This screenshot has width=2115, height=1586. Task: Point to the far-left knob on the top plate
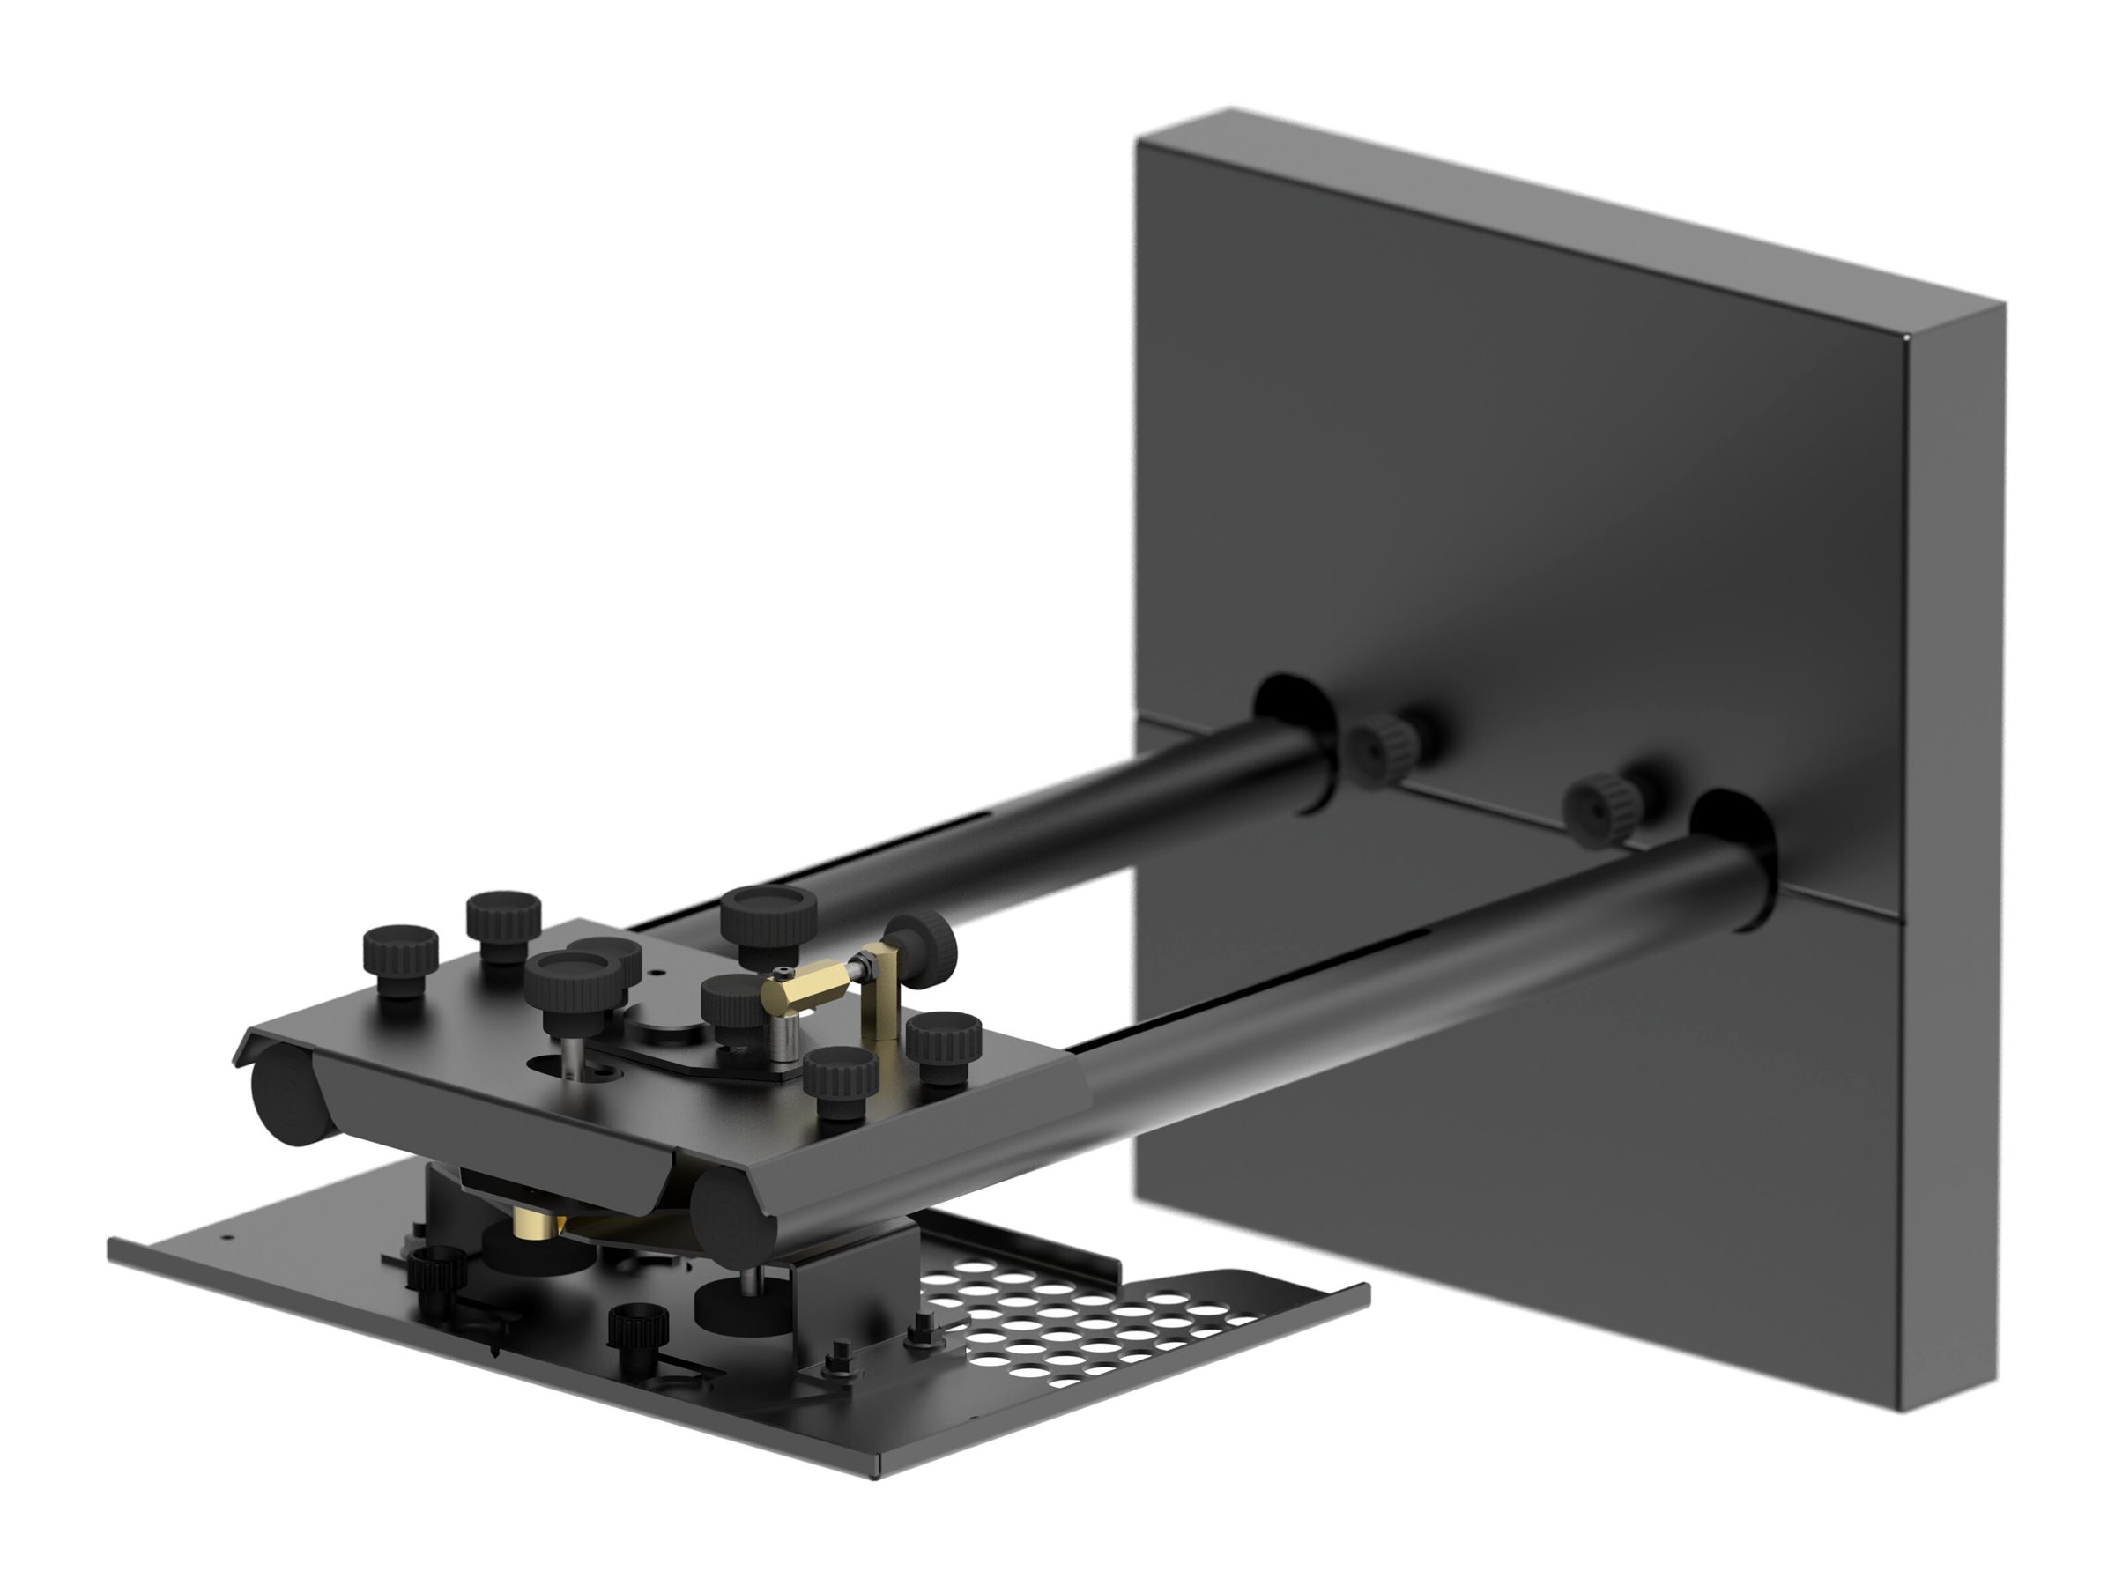pos(401,958)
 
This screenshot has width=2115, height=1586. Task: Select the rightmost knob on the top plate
pos(945,1047)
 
